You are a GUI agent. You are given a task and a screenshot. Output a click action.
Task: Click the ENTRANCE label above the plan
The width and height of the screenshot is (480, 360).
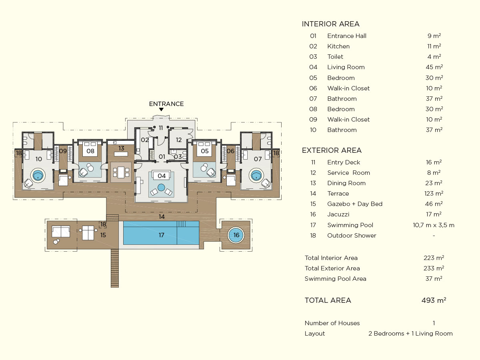(166, 104)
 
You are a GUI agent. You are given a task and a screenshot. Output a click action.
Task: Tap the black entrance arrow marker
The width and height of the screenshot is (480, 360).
(161, 110)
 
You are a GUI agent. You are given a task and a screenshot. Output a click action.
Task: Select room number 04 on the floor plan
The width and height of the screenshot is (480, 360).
(162, 176)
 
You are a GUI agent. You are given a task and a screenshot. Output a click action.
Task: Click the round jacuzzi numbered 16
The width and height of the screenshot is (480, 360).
(236, 235)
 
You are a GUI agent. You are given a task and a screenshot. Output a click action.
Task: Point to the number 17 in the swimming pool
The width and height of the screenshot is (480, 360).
(161, 235)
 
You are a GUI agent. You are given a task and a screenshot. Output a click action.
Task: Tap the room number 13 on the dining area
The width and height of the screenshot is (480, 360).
(121, 148)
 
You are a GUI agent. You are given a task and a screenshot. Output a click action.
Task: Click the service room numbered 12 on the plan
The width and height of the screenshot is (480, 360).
(178, 140)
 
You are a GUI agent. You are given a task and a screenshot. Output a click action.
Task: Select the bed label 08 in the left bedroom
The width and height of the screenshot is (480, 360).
(90, 151)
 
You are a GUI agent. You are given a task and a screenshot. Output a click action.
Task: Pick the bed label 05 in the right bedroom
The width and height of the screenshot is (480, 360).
(205, 151)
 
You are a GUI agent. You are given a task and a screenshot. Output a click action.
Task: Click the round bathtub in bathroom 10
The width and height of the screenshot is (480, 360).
(38, 175)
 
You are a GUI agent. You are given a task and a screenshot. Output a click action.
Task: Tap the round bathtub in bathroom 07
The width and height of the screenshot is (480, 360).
(256, 175)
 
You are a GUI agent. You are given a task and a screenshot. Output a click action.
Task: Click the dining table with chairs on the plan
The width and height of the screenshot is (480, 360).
(121, 172)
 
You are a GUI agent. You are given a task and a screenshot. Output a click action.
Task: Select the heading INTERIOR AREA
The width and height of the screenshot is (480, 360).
(330, 24)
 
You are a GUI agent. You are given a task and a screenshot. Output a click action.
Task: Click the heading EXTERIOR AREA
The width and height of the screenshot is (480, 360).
(332, 150)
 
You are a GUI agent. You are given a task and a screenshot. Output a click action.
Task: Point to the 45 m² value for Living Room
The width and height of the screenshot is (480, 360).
(434, 67)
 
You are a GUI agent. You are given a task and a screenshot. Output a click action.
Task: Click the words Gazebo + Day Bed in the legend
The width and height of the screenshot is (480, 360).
(355, 204)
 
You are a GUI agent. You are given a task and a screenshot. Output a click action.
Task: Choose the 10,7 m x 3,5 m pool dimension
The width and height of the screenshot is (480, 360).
(434, 225)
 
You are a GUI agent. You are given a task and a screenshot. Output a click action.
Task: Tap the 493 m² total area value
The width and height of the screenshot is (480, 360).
(434, 300)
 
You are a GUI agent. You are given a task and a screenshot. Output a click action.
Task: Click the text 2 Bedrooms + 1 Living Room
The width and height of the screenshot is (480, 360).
(410, 334)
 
